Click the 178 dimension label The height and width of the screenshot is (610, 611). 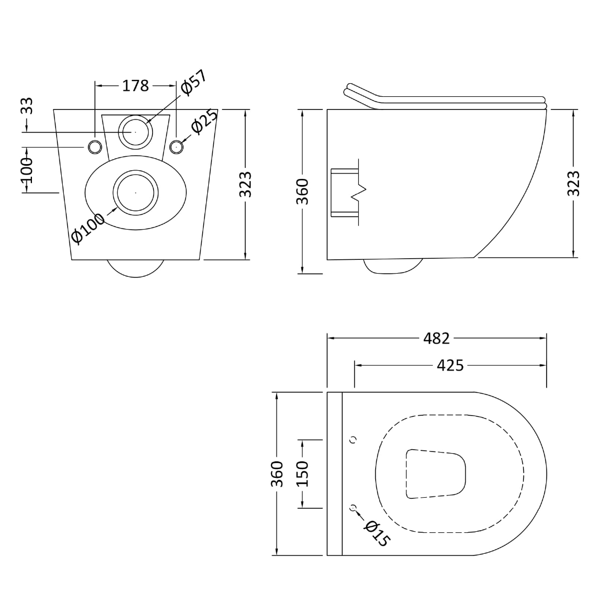pos(136,86)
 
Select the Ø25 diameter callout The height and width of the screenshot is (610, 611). pos(204,121)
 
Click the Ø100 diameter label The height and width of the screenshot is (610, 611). pos(88,228)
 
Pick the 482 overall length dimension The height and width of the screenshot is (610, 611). pos(437,339)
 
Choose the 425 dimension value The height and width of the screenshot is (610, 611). pos(451,365)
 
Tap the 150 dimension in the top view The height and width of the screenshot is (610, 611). pos(303,474)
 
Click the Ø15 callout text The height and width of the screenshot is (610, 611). pos(376,533)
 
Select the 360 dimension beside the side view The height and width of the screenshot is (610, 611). pos(303,191)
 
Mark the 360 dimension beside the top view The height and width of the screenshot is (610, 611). pos(277,474)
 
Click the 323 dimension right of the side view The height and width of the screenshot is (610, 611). pos(574,183)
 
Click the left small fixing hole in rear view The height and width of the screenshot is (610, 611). pos(95,146)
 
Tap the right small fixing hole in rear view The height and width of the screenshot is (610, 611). pos(176,146)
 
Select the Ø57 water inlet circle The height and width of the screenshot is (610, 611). pos(135,132)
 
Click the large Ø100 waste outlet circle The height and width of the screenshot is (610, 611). pos(136,192)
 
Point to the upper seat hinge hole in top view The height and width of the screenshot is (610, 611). pos(353,439)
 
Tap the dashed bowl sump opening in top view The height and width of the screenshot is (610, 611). pos(436,474)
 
